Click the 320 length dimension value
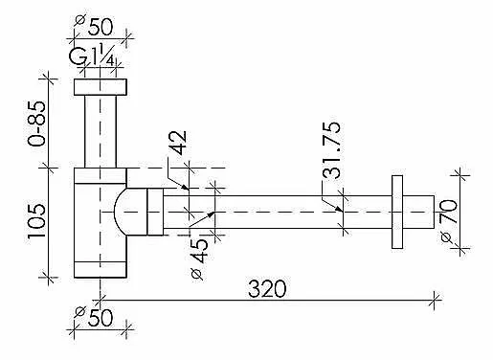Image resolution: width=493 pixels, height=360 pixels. point(267,288)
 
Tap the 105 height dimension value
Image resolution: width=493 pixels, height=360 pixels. point(36,221)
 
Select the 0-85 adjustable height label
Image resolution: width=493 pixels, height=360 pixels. point(36,124)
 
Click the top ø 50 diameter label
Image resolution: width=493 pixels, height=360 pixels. point(95,26)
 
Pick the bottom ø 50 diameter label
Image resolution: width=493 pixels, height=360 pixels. point(95,316)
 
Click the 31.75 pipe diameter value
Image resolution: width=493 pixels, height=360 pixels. point(331,150)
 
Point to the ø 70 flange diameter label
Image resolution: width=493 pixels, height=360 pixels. point(448,220)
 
